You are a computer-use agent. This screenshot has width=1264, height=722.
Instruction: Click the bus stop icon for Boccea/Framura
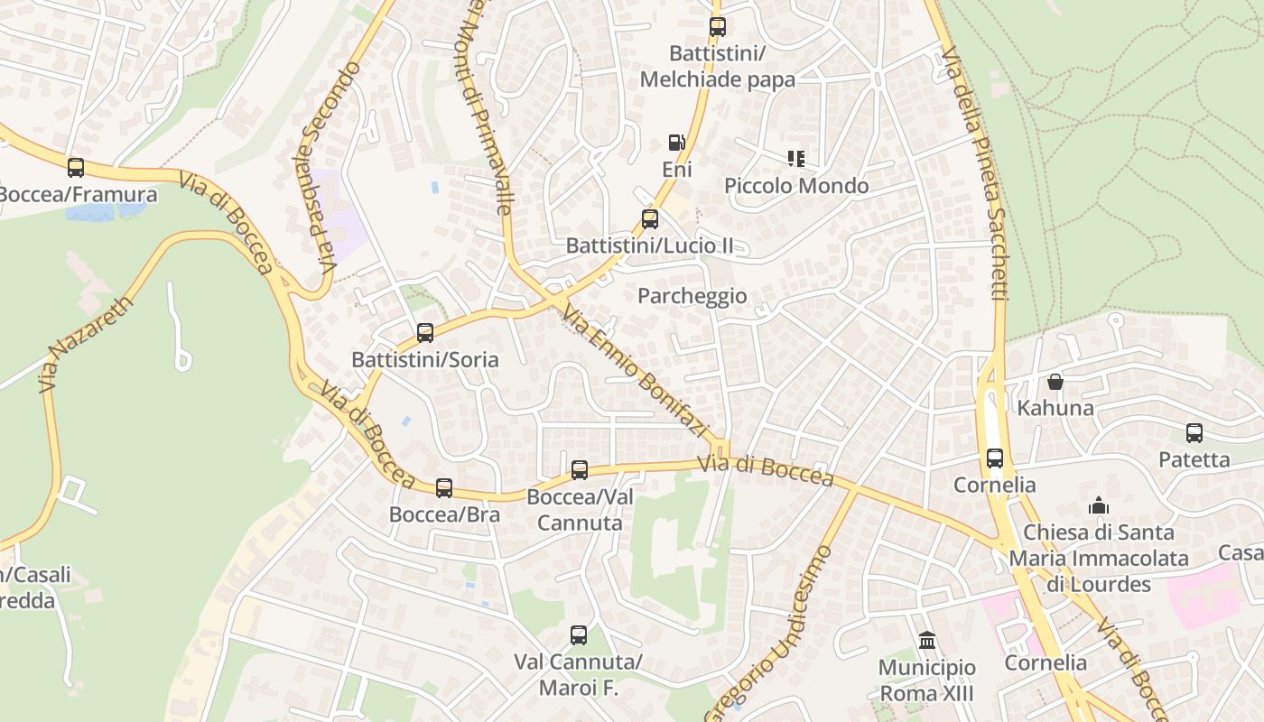coord(76,167)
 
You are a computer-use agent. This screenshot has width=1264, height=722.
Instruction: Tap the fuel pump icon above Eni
coord(676,143)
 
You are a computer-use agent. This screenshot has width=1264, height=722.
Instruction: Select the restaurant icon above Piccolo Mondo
coord(795,160)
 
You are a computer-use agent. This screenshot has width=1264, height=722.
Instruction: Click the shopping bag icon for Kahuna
coord(1055,382)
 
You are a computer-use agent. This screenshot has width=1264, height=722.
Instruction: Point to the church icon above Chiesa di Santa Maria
coord(1098,505)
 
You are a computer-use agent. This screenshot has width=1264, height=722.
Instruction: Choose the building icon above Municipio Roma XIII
coord(926,641)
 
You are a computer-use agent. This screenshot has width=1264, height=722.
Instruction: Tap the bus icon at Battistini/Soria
coord(425,333)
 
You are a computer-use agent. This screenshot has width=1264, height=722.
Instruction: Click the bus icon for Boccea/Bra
coord(443,488)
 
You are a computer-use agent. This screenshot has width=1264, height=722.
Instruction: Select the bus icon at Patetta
coord(1194,433)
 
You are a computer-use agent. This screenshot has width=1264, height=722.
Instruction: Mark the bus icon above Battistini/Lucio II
coord(649,218)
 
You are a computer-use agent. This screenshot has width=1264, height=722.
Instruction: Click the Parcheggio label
coord(692,296)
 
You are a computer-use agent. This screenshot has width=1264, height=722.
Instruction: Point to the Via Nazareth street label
coord(87,344)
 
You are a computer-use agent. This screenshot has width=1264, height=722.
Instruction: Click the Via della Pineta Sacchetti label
coord(974,171)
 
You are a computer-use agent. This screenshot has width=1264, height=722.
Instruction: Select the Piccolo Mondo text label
coord(796,186)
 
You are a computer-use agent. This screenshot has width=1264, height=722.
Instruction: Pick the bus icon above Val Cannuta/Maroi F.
coord(578,635)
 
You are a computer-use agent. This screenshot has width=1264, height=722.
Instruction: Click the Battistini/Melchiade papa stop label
coord(717,67)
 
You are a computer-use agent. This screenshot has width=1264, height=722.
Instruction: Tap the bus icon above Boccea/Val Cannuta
coord(579,470)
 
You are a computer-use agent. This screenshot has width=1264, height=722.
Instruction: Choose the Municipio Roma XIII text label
coord(926,680)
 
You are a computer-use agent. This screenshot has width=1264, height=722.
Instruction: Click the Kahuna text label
coord(1055,408)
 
